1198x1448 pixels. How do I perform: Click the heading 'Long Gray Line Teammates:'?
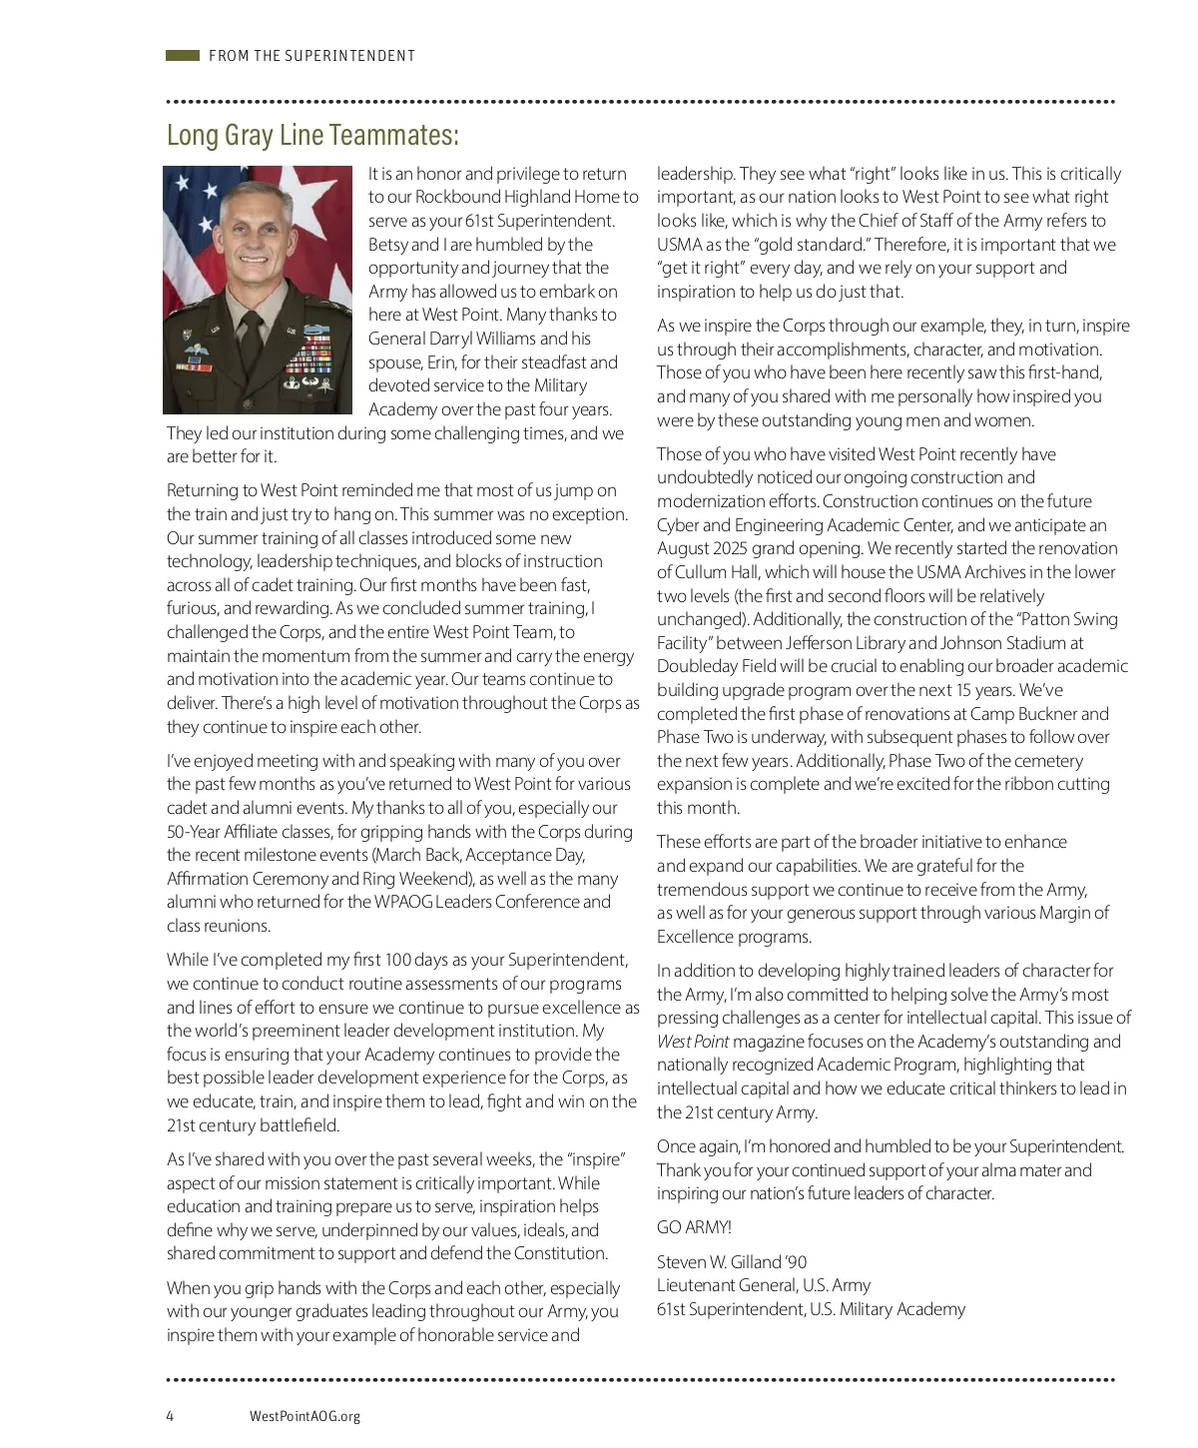312,135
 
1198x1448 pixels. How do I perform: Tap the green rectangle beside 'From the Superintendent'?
183,56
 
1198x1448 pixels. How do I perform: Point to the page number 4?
171,1416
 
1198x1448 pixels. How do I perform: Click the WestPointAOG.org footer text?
304,1416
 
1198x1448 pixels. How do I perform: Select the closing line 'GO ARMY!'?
694,1227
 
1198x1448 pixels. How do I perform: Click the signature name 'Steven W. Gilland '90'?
732,1262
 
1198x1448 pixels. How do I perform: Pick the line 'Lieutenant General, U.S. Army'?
764,1285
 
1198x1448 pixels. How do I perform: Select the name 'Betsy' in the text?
387,245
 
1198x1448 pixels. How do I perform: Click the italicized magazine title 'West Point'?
693,1042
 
